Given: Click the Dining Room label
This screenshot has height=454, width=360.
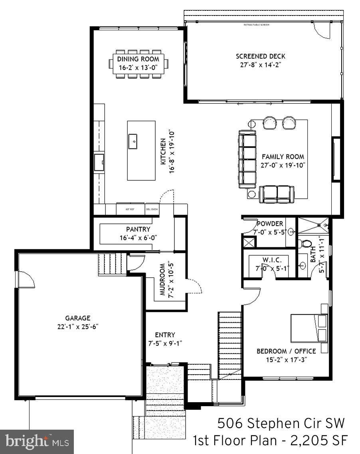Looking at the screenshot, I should coord(138,59).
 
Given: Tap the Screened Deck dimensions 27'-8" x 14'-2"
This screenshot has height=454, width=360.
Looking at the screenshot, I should coord(260,65).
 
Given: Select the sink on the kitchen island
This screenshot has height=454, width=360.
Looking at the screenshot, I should coord(133,140).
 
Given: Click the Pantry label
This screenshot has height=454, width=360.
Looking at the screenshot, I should coord(138,229).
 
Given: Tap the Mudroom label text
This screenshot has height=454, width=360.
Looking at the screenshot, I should coord(163,279).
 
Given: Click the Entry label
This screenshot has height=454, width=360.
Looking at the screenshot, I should coord(165,335).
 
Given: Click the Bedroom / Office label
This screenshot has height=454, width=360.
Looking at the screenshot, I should coord(286,351).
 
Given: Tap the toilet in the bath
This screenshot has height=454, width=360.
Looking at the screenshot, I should coord(307,243).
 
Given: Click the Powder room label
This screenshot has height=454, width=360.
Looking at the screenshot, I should coord(270,224).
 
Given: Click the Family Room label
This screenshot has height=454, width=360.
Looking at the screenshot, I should coord(283,157).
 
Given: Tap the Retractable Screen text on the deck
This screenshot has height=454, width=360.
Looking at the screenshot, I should coord(256,25).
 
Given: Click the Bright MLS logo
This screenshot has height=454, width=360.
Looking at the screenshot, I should coord(37,442).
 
